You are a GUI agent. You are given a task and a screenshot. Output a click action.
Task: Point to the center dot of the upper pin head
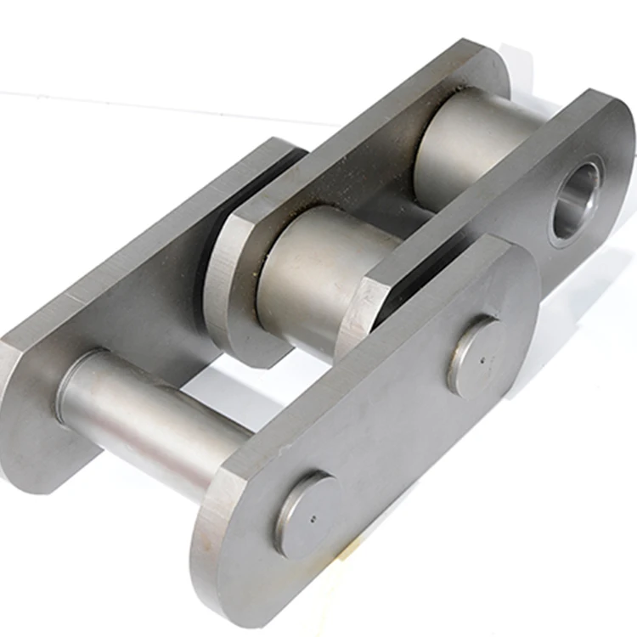tap(481, 358)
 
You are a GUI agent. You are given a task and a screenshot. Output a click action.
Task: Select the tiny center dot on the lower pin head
tap(312, 516)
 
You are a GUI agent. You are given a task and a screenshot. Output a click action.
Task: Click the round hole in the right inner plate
tap(577, 199)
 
